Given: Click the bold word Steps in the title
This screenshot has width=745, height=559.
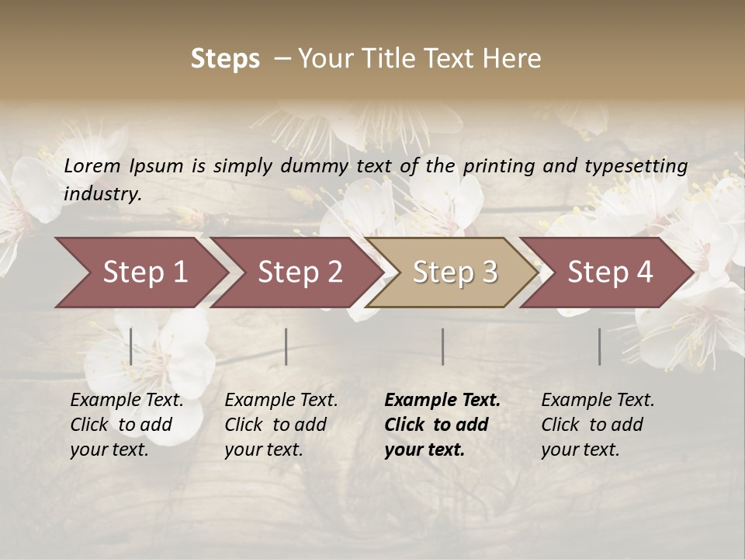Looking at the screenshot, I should tap(225, 59).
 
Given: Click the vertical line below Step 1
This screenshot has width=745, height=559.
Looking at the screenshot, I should tap(130, 346).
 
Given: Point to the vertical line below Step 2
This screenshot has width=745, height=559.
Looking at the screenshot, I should tap(286, 346).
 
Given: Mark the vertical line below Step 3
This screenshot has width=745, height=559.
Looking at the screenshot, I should tap(442, 346).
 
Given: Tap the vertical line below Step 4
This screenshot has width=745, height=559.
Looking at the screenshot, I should tap(599, 346).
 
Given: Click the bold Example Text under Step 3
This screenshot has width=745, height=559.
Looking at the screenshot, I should tap(442, 401).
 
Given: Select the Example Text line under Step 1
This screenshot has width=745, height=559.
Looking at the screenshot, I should tap(126, 401).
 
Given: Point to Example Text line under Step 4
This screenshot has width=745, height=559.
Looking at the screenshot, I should tap(598, 401).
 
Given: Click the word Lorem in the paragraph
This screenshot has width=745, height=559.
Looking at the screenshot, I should tap(92, 166).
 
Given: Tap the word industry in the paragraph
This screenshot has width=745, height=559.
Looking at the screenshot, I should tap(102, 194).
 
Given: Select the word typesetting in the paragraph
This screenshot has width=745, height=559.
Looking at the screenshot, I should tap(636, 166).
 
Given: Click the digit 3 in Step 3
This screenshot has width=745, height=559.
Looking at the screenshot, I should tap(489, 273).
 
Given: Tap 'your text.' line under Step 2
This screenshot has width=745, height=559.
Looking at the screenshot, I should tap(263, 450).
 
